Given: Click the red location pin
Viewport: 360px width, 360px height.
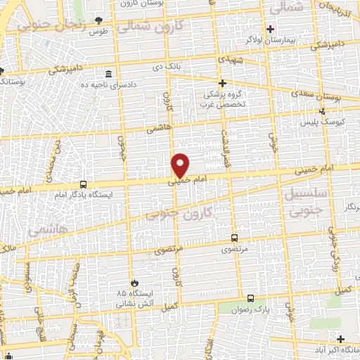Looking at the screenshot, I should click(181, 165).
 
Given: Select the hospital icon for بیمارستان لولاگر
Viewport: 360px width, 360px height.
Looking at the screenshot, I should click(269, 29).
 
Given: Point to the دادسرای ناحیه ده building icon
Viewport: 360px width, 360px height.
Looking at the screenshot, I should click(108, 74).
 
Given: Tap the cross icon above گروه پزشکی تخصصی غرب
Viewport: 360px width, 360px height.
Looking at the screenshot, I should click(222, 83).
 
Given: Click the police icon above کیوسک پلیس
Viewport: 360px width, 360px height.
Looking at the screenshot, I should click(323, 110).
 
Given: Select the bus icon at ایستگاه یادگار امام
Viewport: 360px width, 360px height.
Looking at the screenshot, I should click(84, 184).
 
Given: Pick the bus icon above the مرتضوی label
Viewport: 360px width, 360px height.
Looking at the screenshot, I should click(234, 238).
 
